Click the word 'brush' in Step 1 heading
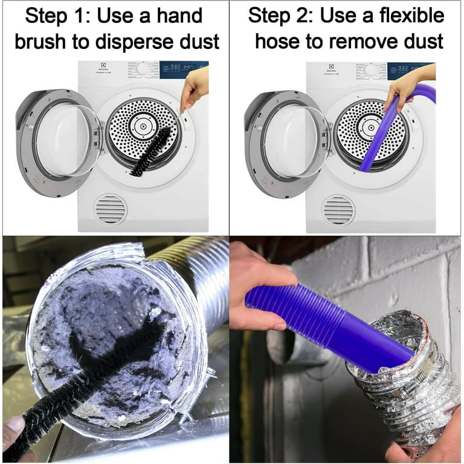[x=40, y=42]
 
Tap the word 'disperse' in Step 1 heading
[x=134, y=42]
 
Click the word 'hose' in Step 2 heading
[x=277, y=42]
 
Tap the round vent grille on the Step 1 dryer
[x=111, y=210]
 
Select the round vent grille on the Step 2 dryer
[x=338, y=210]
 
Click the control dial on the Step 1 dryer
[x=143, y=69]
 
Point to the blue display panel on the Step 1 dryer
[x=184, y=70]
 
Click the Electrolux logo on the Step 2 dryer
[x=332, y=66]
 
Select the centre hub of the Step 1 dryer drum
[x=143, y=127]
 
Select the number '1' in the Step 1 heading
[x=80, y=16]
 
